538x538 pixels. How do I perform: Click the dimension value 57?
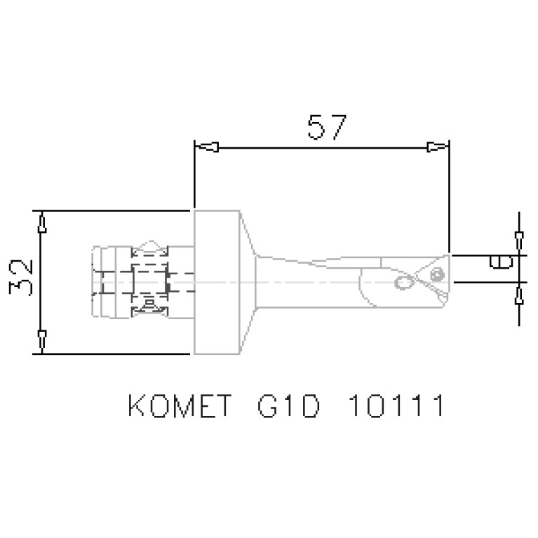pyautogui.click(x=326, y=128)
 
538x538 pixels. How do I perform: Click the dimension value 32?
pyautogui.click(x=22, y=278)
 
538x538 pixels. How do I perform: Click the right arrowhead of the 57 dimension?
pyautogui.click(x=437, y=147)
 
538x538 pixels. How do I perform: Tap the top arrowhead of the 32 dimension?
pyautogui.click(x=42, y=224)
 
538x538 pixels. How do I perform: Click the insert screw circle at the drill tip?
pyautogui.click(x=438, y=272)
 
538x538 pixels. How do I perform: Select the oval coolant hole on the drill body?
pyautogui.click(x=404, y=282)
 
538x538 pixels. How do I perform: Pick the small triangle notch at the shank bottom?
pyautogui.click(x=149, y=304)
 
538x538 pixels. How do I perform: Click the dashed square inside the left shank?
pyautogui.click(x=149, y=282)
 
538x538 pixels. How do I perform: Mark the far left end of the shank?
pyautogui.click(x=93, y=282)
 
